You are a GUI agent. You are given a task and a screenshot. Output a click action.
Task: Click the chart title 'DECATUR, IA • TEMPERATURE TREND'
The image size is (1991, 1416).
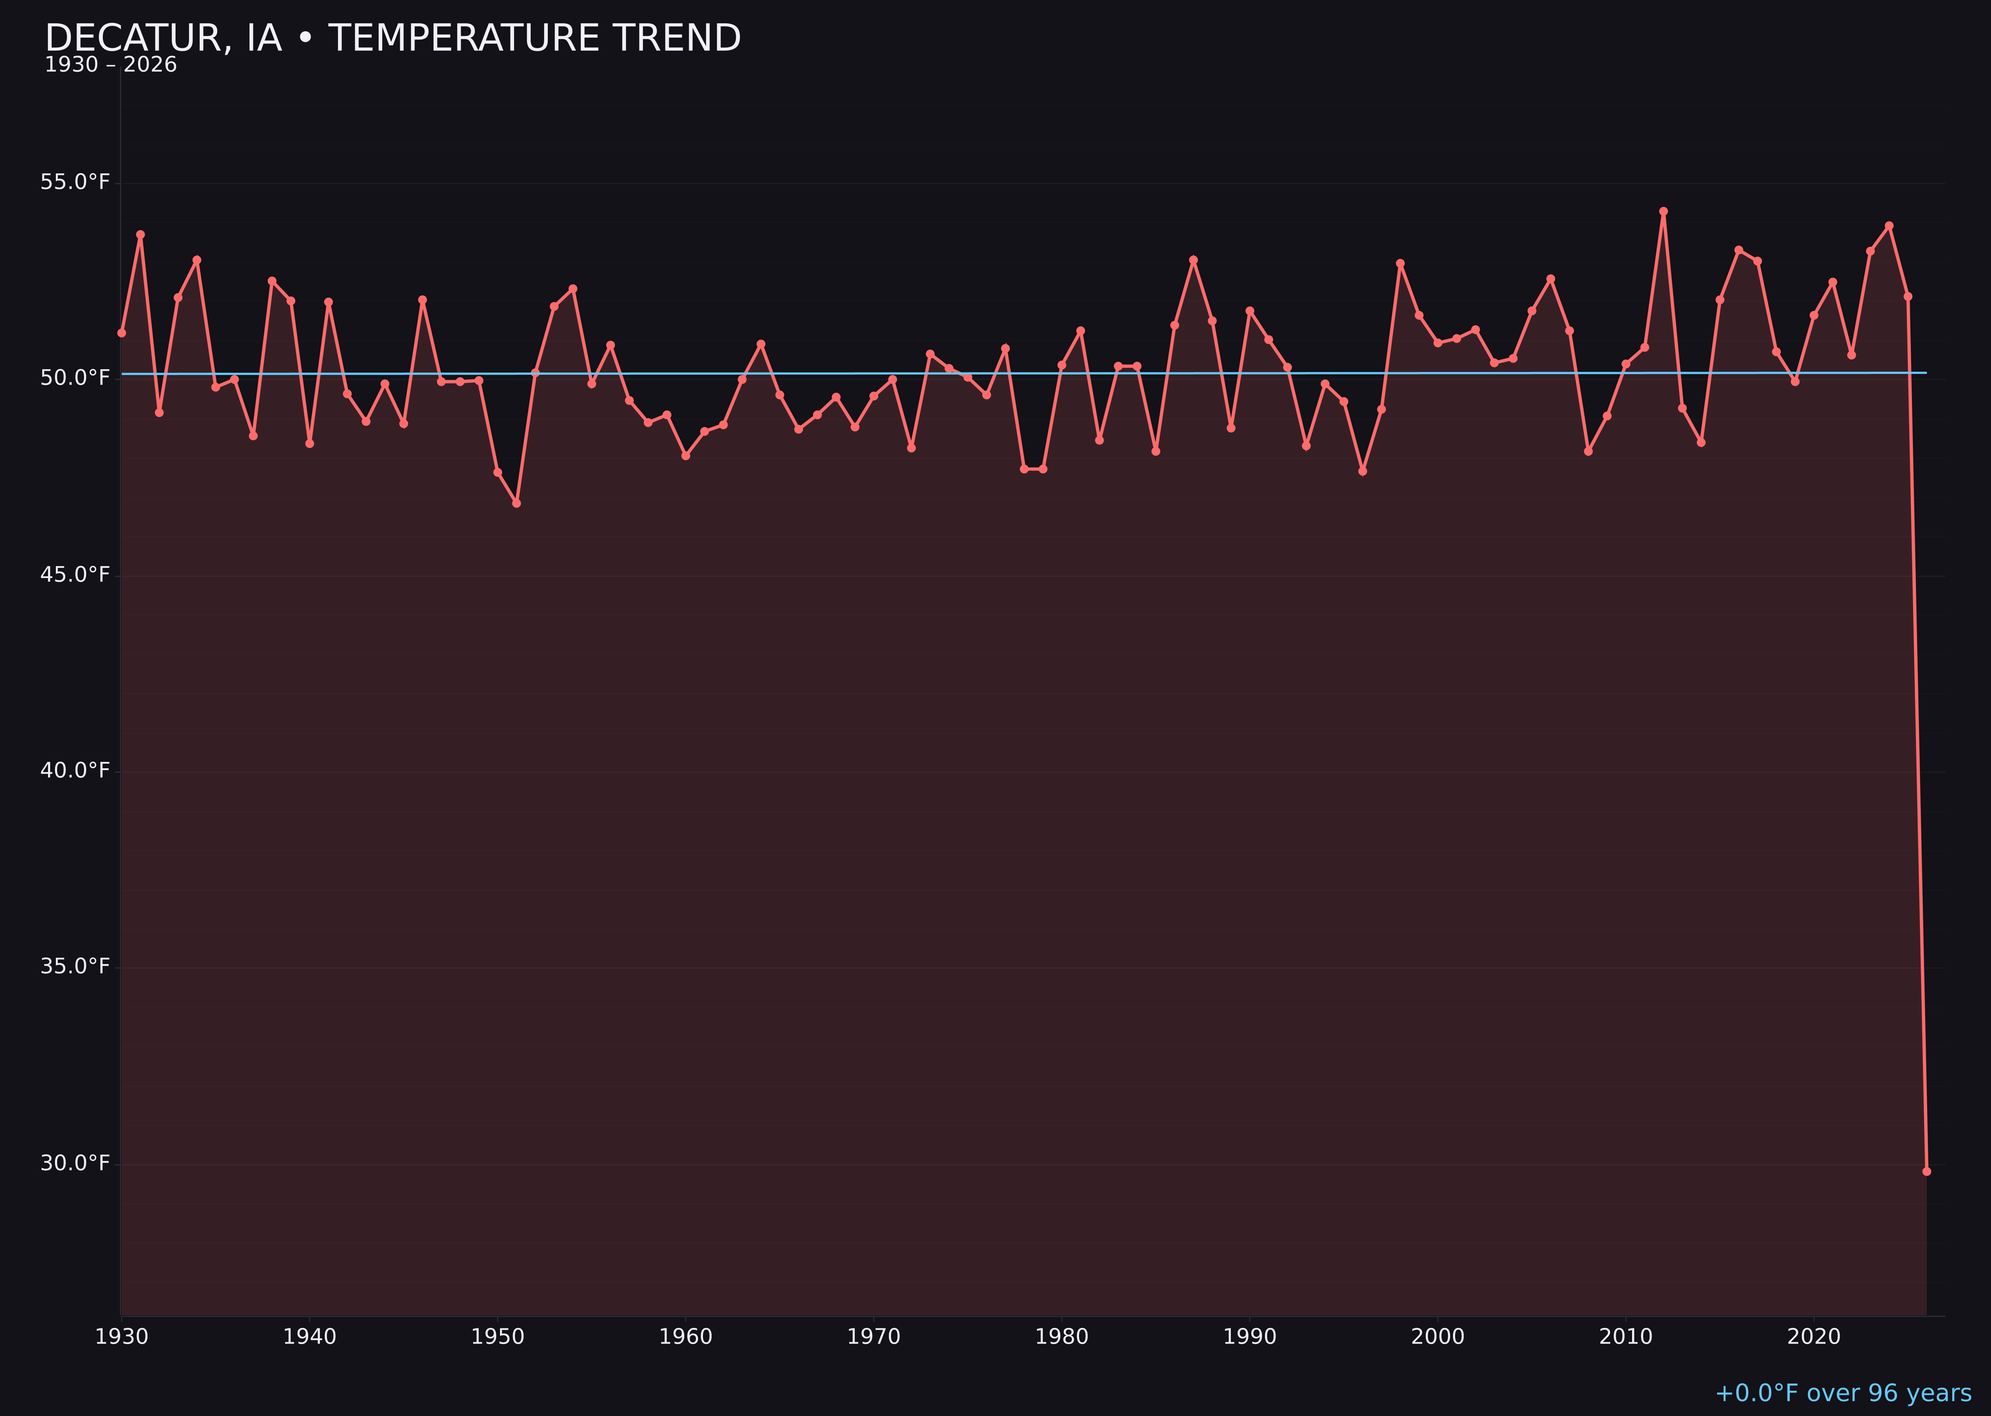point(392,38)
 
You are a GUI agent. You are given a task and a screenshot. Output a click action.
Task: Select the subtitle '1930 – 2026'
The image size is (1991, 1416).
point(111,65)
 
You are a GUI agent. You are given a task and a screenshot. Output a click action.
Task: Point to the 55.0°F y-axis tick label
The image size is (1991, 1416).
point(75,182)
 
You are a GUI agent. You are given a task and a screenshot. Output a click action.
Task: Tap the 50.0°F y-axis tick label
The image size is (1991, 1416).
point(75,377)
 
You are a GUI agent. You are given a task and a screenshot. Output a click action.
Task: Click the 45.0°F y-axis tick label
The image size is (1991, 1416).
point(75,575)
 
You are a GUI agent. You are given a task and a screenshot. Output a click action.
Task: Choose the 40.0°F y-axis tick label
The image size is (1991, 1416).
point(75,771)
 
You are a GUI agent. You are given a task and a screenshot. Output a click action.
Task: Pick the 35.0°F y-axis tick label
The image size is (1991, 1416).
point(75,967)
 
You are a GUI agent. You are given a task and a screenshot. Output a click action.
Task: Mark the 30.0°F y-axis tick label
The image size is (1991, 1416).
point(75,1163)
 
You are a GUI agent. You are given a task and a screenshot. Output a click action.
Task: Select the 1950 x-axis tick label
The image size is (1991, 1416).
point(498,1337)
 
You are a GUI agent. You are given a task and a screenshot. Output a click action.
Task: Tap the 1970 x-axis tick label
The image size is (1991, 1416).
point(874,1337)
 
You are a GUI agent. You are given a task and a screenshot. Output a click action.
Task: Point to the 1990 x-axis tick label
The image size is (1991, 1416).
point(1249,1337)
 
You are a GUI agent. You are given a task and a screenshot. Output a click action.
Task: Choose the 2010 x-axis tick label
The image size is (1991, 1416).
point(1626,1337)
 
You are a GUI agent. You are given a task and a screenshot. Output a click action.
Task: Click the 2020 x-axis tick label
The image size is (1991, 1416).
point(1814,1337)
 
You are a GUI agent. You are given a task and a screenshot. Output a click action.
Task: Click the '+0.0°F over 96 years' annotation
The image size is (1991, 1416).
point(1843,1393)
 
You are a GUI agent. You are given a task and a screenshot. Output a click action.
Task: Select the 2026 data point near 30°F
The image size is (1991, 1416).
point(1926,1171)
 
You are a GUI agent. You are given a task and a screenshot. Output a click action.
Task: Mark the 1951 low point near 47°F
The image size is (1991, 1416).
point(516,503)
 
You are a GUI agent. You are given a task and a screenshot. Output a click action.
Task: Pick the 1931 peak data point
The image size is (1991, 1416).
point(140,235)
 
